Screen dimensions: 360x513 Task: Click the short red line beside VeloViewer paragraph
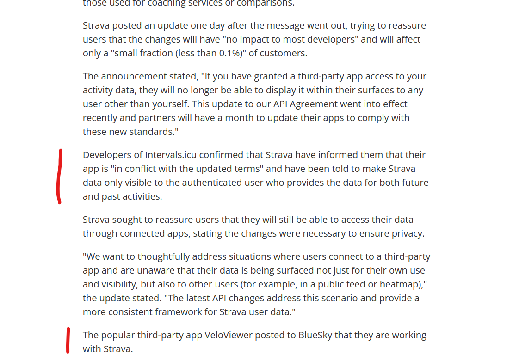click(68, 340)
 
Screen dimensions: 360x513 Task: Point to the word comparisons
click(266, 3)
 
